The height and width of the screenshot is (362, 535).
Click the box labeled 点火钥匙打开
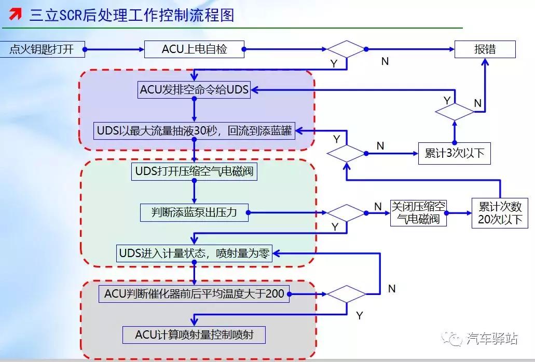[42, 50]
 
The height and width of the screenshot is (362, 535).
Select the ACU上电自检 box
[194, 50]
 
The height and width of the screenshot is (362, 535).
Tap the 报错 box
[485, 49]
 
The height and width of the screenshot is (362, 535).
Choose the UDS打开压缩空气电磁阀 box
[194, 171]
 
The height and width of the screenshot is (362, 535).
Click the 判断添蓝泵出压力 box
[194, 212]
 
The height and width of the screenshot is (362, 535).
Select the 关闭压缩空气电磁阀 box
[418, 212]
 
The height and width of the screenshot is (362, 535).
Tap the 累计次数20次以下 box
[500, 212]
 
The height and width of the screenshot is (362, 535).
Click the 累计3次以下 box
[454, 154]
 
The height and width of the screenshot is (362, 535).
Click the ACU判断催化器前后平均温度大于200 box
[194, 294]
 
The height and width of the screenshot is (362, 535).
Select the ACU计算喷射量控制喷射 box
[194, 334]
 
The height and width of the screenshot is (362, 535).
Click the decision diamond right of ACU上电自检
[346, 50]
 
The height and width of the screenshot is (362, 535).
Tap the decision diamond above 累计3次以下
[454, 111]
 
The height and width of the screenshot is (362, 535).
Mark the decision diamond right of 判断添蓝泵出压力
[346, 212]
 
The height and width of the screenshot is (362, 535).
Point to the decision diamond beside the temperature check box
[346, 294]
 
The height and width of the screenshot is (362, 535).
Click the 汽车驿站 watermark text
[491, 339]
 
